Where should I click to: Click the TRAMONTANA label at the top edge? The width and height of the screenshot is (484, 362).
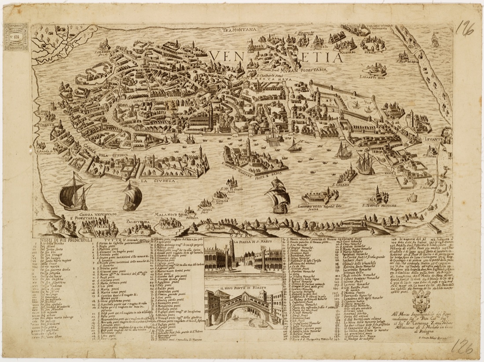(x=239, y=30)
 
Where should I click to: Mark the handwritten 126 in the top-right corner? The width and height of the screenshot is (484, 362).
(x=465, y=29)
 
